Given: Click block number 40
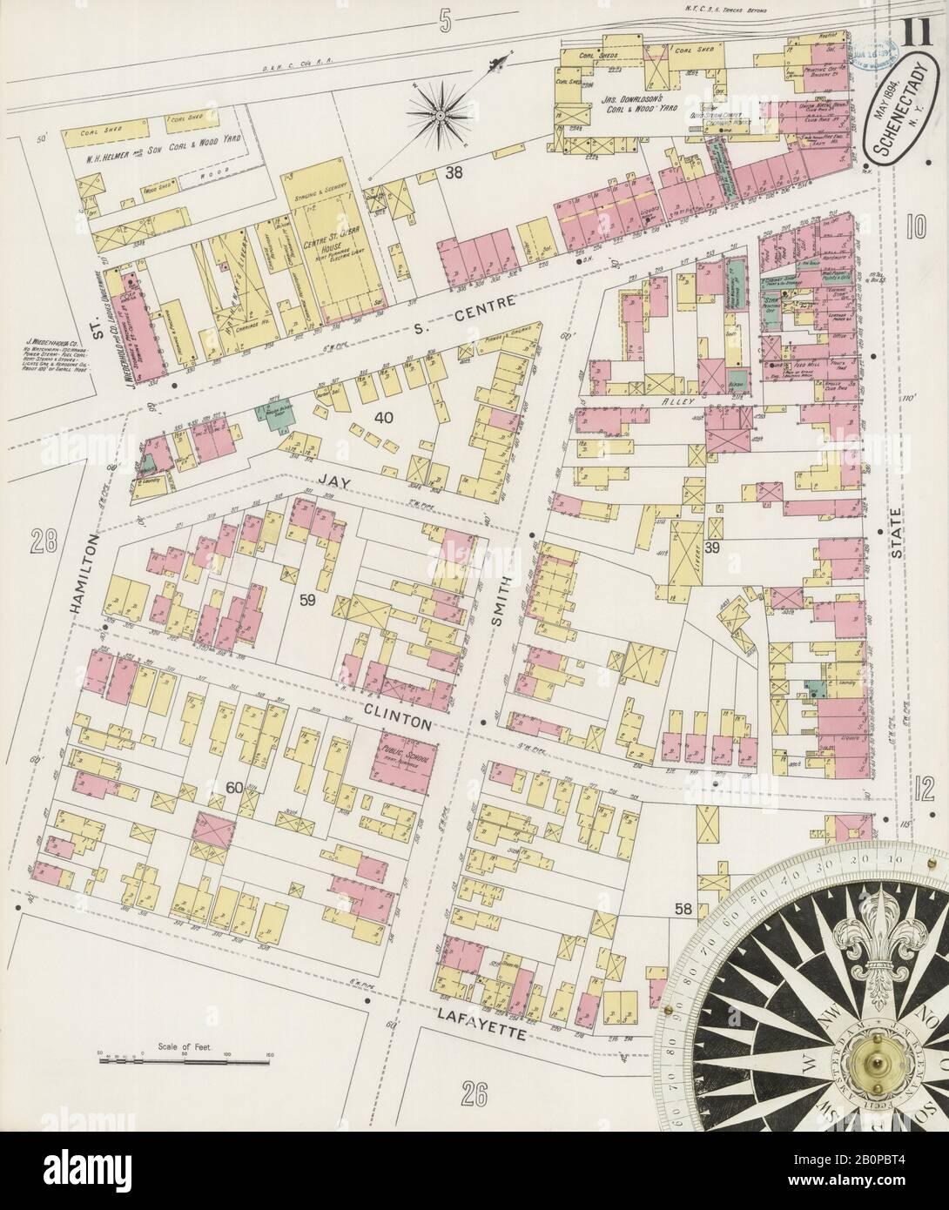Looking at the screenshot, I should [383, 417].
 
